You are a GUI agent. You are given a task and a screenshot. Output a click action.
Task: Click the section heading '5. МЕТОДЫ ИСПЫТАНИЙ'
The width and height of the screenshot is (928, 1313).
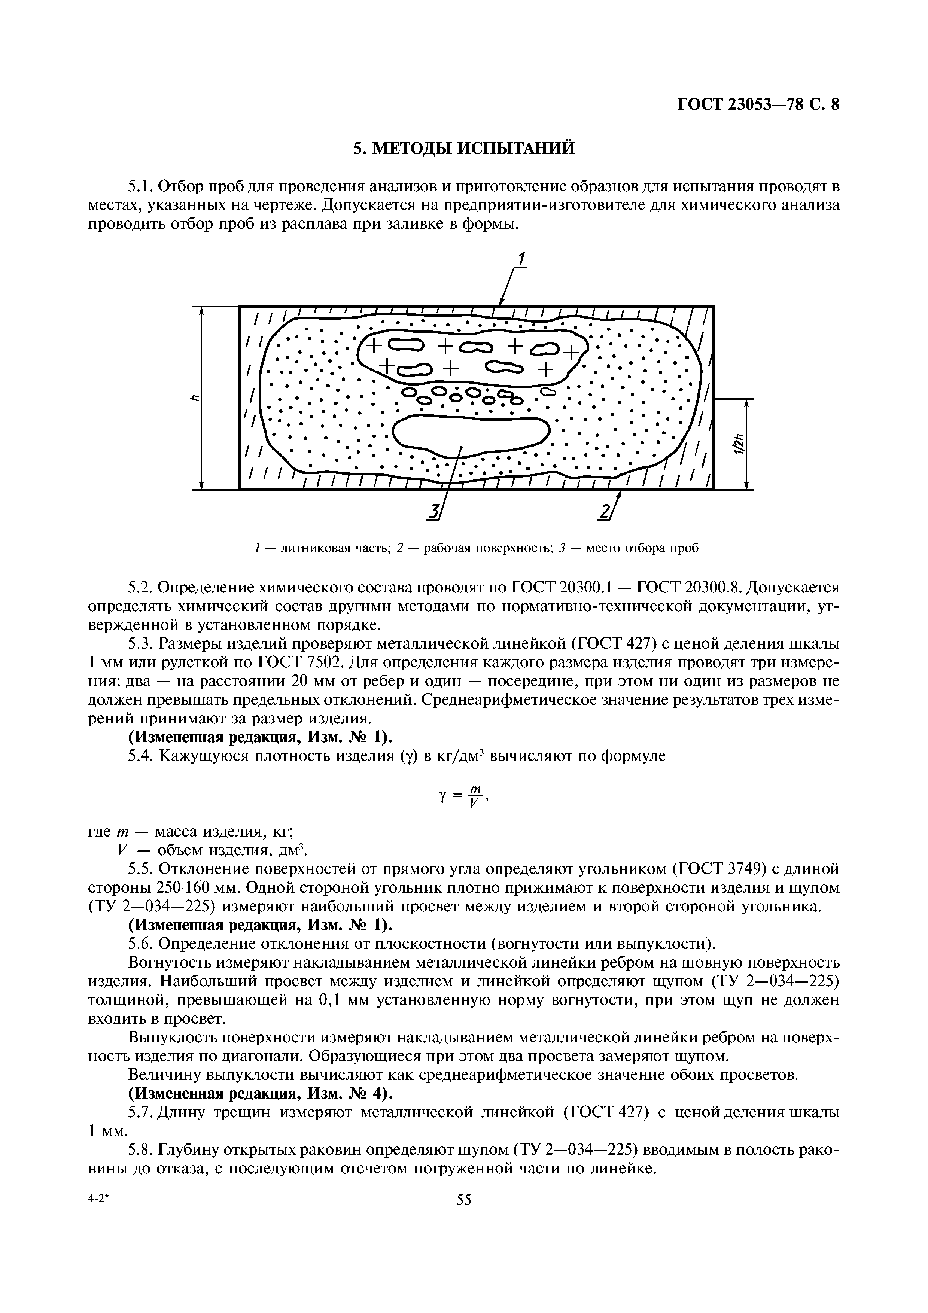tap(464, 148)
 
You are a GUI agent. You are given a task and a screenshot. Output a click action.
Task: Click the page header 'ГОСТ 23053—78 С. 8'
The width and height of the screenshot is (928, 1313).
tap(758, 105)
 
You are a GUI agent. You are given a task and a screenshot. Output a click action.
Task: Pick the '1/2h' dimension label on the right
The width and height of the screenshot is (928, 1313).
tap(739, 444)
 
